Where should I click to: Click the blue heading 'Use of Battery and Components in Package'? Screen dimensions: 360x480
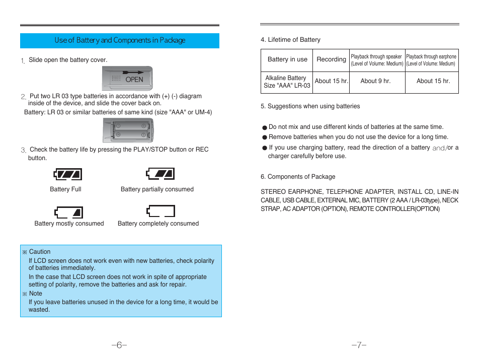[x=120, y=40]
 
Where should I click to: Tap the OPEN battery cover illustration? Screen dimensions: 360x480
[x=127, y=78]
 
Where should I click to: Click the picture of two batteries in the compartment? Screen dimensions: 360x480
[x=128, y=130]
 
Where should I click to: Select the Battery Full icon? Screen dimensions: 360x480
[x=67, y=174]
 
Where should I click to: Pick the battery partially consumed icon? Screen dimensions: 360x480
[x=161, y=174]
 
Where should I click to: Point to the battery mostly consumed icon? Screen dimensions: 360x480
[x=68, y=211]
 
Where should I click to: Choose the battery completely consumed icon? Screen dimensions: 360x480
[x=161, y=211]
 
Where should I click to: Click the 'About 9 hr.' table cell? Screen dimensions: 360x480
[x=375, y=81]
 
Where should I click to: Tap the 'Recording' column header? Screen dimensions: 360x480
[x=331, y=59]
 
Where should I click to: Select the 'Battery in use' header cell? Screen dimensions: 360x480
[x=287, y=59]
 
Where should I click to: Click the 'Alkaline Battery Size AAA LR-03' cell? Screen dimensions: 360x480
[x=286, y=82]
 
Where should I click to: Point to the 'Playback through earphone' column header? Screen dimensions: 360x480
[x=431, y=60]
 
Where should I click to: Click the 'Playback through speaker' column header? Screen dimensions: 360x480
[x=377, y=60]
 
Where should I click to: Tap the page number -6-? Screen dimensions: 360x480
[x=119, y=345]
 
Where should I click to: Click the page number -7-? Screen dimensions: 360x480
[x=359, y=345]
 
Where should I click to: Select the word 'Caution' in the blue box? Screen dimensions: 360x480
[x=40, y=252]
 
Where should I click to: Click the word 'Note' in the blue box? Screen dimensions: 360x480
[x=36, y=294]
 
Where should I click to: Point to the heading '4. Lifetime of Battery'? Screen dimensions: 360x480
[x=290, y=40]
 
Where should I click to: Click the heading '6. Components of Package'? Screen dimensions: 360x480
[x=298, y=177]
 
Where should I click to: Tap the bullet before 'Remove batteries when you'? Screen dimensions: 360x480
[x=264, y=137]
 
